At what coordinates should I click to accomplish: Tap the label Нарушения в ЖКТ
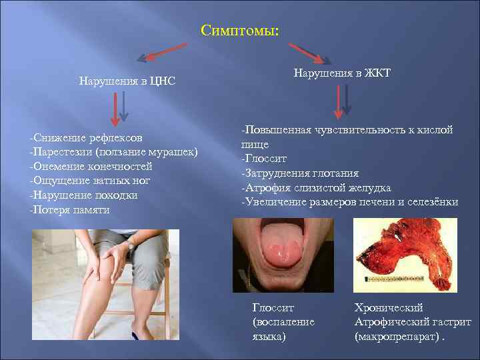tap(342, 73)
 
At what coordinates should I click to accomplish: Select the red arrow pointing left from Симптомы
tap(163, 52)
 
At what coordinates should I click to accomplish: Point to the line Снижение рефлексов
tap(86, 138)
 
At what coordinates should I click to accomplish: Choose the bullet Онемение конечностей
tap(91, 167)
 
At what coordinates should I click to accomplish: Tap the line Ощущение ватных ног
tap(90, 181)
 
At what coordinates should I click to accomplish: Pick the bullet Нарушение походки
tap(84, 195)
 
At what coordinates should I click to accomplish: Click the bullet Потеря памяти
tap(70, 209)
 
